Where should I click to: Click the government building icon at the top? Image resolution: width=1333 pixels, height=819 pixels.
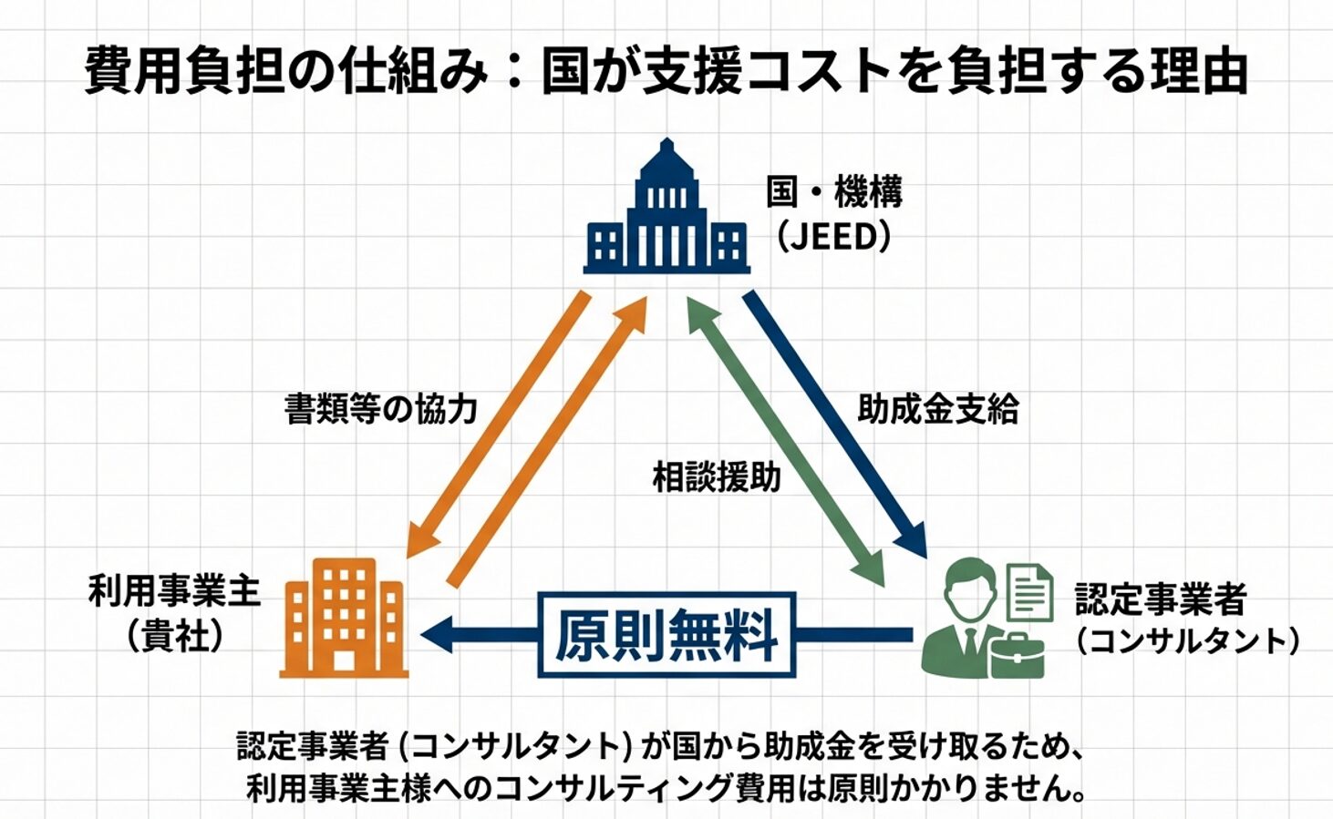click(x=666, y=211)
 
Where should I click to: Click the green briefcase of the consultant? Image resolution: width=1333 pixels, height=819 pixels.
click(x=1015, y=655)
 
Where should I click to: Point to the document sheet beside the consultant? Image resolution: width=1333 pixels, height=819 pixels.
click(x=1029, y=591)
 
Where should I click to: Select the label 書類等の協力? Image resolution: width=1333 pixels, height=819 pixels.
click(x=380, y=409)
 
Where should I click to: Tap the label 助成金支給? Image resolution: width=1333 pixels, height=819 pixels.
click(x=937, y=409)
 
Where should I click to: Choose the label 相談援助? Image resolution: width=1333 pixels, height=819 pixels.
click(x=716, y=476)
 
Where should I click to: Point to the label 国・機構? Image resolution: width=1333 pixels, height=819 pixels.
click(x=833, y=192)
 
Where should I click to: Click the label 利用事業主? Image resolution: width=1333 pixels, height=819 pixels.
click(x=174, y=591)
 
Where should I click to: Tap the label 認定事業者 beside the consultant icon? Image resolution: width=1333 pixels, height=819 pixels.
click(x=1160, y=599)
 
